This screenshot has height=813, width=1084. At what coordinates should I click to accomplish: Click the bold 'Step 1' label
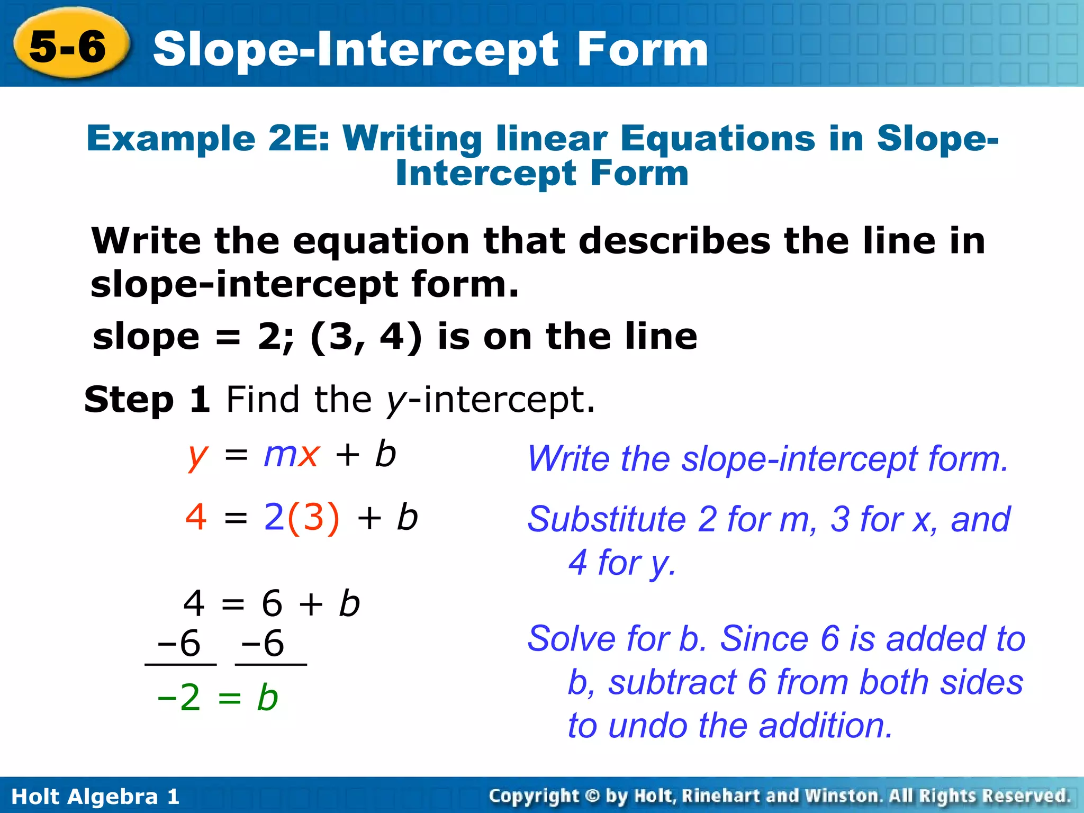147,400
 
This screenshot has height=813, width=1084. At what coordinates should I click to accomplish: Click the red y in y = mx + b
197,456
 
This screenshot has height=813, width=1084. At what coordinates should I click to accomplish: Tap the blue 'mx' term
292,454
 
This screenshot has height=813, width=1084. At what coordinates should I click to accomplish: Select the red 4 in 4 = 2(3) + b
196,517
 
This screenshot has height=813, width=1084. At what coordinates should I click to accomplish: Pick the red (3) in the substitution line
313,517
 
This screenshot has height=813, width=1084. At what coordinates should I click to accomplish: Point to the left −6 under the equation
179,644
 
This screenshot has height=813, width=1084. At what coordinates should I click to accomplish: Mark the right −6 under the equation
263,644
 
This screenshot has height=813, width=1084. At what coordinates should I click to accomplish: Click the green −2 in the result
179,697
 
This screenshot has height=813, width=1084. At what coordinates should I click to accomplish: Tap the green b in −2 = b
267,697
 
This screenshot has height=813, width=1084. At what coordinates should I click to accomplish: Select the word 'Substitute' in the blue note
607,519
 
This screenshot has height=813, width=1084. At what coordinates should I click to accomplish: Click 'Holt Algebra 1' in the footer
95,797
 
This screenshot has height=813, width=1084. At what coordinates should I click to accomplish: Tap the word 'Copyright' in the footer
534,796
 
